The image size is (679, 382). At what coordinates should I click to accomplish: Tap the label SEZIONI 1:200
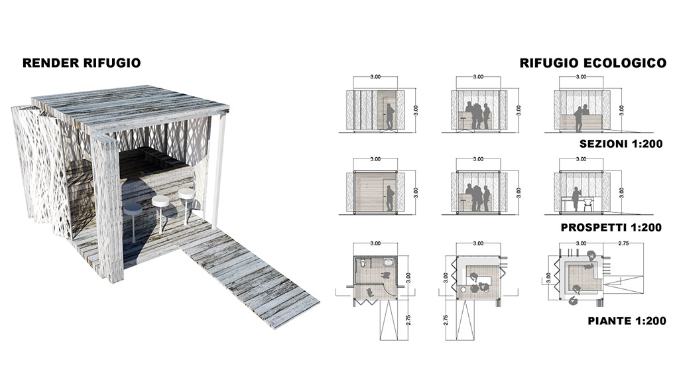click(621, 144)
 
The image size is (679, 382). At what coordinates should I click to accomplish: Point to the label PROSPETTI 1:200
click(611, 227)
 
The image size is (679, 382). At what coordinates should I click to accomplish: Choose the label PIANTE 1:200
click(627, 321)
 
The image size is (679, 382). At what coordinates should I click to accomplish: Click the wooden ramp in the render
click(249, 277)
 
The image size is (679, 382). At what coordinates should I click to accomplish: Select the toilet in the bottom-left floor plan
click(363, 262)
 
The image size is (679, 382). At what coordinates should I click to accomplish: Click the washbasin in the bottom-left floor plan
click(389, 261)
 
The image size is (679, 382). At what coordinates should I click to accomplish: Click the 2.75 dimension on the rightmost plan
click(623, 243)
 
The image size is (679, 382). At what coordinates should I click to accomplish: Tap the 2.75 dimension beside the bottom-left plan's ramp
click(408, 320)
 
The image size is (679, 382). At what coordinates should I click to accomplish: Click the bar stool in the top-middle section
click(462, 123)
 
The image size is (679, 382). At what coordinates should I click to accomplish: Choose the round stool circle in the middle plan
click(463, 289)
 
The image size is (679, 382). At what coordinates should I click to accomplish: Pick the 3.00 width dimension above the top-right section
click(581, 77)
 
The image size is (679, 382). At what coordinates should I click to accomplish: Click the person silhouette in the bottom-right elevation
click(576, 199)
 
